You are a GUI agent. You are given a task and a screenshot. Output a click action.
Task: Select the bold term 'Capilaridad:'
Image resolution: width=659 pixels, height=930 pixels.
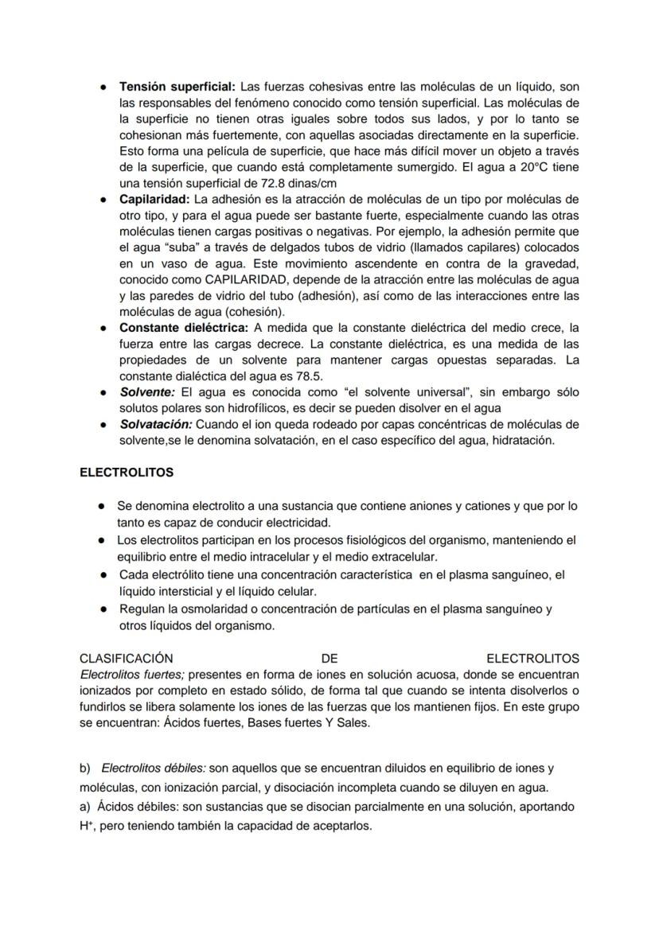click(154, 199)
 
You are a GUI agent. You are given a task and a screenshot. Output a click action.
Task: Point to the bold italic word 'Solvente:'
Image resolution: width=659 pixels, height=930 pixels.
click(148, 392)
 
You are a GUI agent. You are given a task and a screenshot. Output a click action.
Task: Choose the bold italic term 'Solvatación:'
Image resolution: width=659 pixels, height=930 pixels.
click(156, 424)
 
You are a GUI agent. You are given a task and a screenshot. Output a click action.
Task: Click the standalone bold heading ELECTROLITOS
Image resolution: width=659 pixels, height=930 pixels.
click(127, 473)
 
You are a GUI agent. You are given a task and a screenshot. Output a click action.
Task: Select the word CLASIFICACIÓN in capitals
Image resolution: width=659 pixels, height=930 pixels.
click(127, 659)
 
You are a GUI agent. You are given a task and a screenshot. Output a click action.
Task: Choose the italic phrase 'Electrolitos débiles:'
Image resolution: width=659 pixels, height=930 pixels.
click(154, 769)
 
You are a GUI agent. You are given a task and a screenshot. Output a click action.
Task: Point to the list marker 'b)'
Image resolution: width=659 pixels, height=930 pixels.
click(86, 769)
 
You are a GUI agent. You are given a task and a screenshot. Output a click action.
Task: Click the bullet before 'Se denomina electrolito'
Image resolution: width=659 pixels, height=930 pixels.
click(102, 506)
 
